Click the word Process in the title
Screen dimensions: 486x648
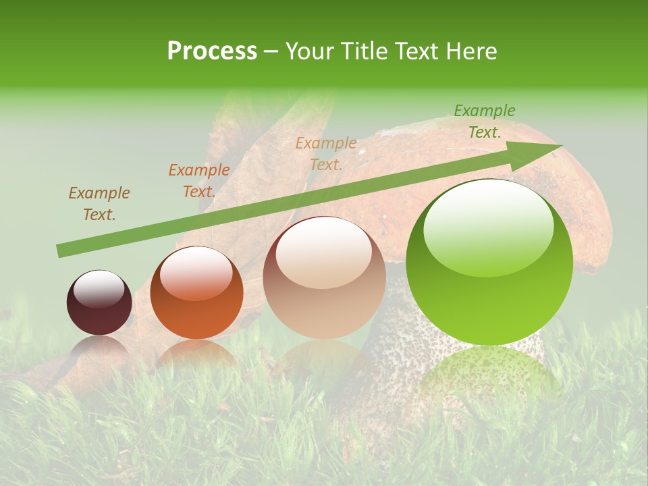(x=212, y=51)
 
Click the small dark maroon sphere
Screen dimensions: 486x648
(x=99, y=303)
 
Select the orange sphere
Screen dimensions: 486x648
(x=196, y=293)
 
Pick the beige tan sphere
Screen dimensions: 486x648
(x=324, y=277)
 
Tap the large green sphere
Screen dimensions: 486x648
(x=489, y=262)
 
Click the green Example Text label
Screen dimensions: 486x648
(x=485, y=122)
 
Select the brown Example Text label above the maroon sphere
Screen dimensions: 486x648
(x=99, y=204)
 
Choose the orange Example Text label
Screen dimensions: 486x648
(x=199, y=181)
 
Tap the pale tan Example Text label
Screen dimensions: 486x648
(x=326, y=153)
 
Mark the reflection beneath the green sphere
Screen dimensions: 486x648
(x=489, y=371)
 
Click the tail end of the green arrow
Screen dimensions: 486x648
(x=59, y=251)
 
